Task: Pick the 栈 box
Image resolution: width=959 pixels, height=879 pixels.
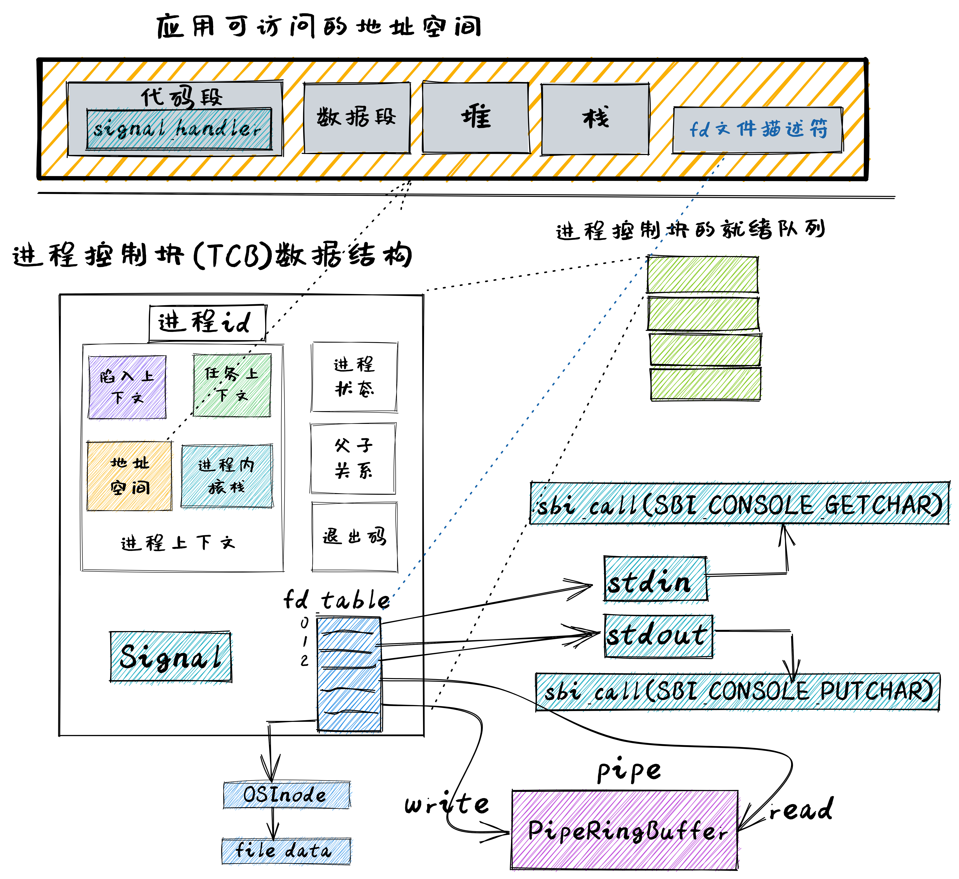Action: [595, 119]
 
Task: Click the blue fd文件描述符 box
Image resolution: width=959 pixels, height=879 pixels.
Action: [758, 129]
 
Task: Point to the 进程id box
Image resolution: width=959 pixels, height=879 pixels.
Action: [207, 323]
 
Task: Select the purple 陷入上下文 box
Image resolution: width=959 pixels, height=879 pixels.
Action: [128, 387]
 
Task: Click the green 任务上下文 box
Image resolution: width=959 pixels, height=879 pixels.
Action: [232, 385]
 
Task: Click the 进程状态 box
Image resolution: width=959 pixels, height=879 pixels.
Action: [354, 377]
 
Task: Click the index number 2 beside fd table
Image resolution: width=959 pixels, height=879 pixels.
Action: [305, 660]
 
